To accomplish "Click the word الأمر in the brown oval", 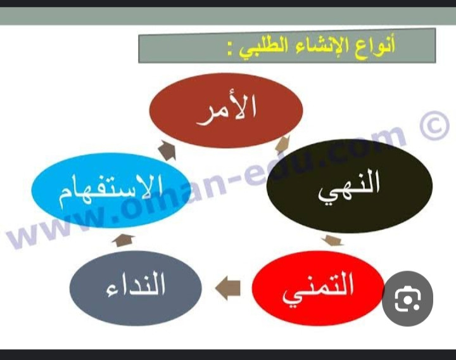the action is point(227,110).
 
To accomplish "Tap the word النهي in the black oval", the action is point(349,188).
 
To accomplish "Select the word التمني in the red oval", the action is point(318,288).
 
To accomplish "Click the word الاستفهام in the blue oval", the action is point(111,191).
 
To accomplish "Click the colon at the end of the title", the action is point(231,49).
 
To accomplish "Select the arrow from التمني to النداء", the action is point(228,288).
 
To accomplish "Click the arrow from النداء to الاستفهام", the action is point(123,240).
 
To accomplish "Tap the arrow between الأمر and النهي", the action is point(282,145).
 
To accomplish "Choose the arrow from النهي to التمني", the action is point(332,240).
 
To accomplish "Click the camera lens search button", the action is point(407,299).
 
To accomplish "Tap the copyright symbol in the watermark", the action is point(434,125).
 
